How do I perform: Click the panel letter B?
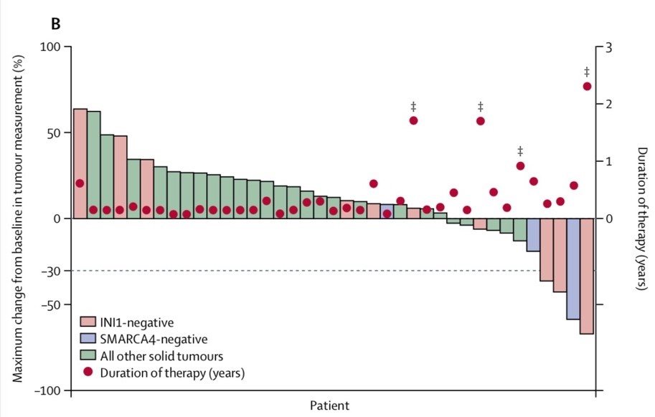click(x=54, y=24)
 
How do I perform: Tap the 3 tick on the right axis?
click(x=609, y=47)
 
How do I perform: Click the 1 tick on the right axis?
click(x=609, y=161)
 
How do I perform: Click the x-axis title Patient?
click(x=330, y=406)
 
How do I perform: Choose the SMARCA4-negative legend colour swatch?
click(x=88, y=338)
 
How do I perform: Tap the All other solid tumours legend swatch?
click(x=88, y=355)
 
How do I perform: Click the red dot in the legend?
click(x=88, y=372)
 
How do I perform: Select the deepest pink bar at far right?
click(x=587, y=276)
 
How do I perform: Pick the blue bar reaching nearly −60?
click(x=573, y=269)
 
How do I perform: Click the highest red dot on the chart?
click(x=587, y=86)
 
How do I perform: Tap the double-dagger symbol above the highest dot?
click(x=587, y=72)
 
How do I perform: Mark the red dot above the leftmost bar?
click(x=80, y=183)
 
